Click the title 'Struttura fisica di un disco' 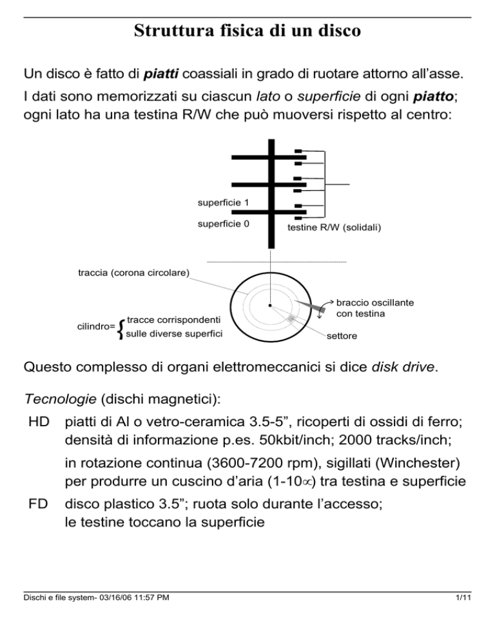(247, 31)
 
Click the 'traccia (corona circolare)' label (133, 273)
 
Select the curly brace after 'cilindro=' (122, 327)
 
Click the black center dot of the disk (271, 306)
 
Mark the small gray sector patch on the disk (292, 319)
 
